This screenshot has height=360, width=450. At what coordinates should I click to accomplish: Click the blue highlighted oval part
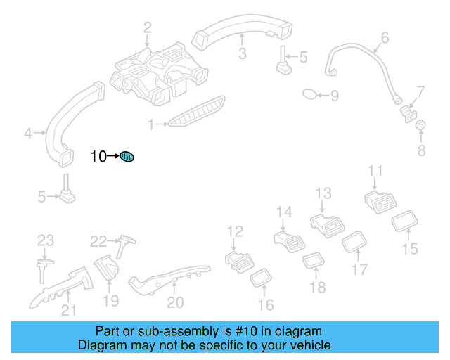127,156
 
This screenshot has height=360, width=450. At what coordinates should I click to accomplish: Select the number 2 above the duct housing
148,28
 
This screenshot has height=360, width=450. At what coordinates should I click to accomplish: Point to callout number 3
241,54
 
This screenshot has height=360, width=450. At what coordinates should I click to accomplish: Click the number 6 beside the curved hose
385,37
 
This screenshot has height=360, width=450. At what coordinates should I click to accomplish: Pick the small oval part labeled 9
310,94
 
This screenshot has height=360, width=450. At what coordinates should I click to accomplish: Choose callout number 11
376,171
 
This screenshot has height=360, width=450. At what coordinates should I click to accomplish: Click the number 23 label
46,240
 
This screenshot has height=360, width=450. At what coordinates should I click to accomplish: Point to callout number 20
175,302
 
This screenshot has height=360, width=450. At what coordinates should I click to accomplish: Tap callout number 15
410,248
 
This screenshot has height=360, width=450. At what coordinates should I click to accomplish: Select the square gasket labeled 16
262,278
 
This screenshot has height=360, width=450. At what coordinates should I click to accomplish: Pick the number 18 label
318,287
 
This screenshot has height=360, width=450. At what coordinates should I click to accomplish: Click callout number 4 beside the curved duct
28,131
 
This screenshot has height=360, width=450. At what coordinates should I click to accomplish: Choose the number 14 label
284,212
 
